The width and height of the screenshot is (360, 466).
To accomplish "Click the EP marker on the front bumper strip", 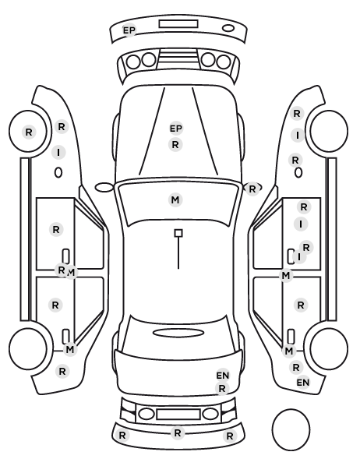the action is (x=129, y=30).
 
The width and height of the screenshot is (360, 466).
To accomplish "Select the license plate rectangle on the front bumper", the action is (x=178, y=24).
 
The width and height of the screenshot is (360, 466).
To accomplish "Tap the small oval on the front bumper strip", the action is (x=228, y=28).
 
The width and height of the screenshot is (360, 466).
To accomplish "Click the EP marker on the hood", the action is (x=175, y=129).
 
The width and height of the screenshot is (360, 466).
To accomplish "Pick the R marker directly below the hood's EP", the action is (x=175, y=145).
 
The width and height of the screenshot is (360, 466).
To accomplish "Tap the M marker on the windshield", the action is (x=175, y=199).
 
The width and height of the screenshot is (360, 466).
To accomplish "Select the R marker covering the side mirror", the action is (x=252, y=189).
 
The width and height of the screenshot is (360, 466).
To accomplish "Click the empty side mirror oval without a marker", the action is (x=104, y=187).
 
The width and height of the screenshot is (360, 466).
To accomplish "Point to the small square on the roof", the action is (x=178, y=233).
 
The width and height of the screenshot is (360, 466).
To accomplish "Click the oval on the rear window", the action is (x=178, y=333).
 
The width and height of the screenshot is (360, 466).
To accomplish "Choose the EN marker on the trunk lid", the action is (x=223, y=376).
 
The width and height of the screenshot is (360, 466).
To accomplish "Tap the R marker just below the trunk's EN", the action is (x=222, y=388).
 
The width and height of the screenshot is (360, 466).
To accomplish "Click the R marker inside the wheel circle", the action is (x=29, y=132).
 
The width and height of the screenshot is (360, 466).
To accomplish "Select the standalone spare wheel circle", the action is (x=291, y=429).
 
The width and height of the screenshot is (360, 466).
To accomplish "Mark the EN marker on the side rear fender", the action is (x=303, y=383).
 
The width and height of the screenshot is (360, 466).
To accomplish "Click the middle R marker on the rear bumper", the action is (x=178, y=433).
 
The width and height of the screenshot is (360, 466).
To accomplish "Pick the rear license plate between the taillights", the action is (x=178, y=415).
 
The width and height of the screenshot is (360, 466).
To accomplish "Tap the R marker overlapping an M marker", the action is (x=62, y=270).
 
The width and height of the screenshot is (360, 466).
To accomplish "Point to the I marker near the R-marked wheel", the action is (x=58, y=153).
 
